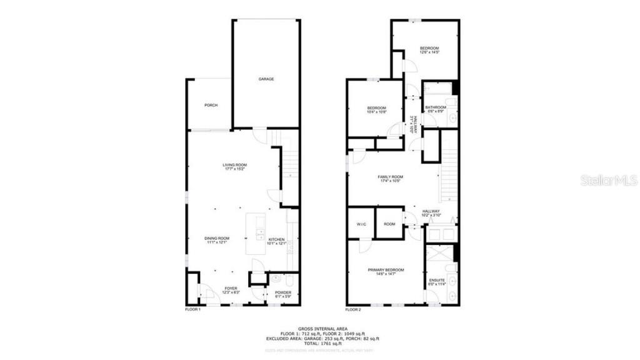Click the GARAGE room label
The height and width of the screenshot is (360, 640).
click(267, 79)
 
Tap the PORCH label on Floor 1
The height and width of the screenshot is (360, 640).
click(211, 105)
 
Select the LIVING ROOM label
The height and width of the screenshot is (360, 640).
click(235, 166)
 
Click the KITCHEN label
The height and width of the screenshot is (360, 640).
click(276, 240)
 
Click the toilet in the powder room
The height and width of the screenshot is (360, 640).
click(275, 279)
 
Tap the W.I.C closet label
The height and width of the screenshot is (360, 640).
click(361, 224)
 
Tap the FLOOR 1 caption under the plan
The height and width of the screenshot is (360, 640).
click(192, 309)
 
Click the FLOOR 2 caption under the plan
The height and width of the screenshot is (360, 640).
click(354, 309)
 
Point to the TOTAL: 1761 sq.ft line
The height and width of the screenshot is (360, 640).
click(320, 344)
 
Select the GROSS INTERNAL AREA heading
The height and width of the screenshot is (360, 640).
click(320, 328)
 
